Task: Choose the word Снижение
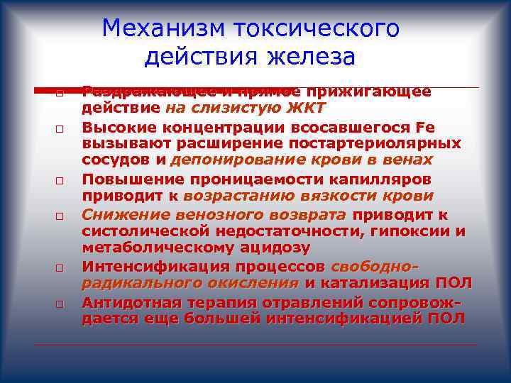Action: point(120,213)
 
